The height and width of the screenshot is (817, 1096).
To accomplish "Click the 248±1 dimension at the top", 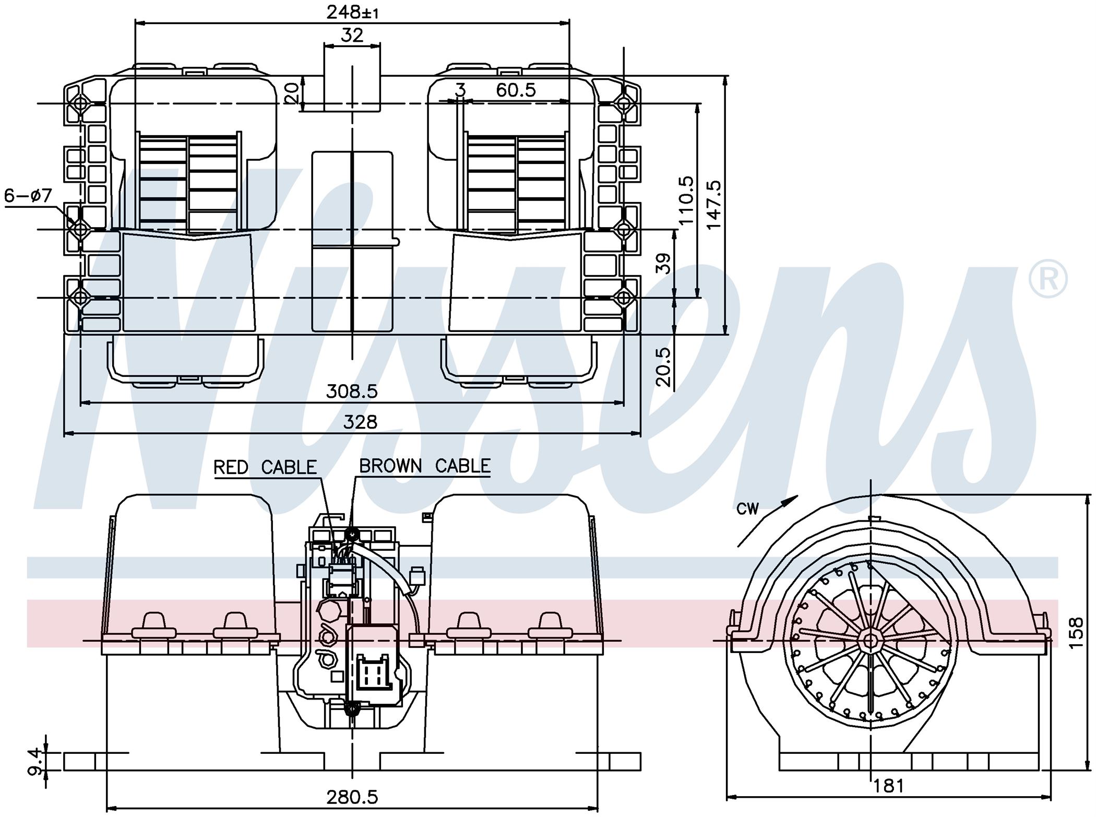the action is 352,11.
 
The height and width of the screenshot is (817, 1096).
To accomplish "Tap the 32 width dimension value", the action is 352,35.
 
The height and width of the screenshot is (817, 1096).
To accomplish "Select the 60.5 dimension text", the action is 516,90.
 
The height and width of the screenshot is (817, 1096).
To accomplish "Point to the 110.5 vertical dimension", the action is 686,200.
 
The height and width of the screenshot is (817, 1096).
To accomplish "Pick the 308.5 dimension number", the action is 352,391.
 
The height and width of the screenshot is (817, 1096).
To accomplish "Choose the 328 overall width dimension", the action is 360,422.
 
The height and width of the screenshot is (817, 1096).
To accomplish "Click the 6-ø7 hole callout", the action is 28,196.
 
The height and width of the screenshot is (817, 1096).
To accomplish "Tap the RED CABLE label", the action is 265,467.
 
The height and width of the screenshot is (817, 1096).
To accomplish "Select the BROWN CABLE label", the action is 425,466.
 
